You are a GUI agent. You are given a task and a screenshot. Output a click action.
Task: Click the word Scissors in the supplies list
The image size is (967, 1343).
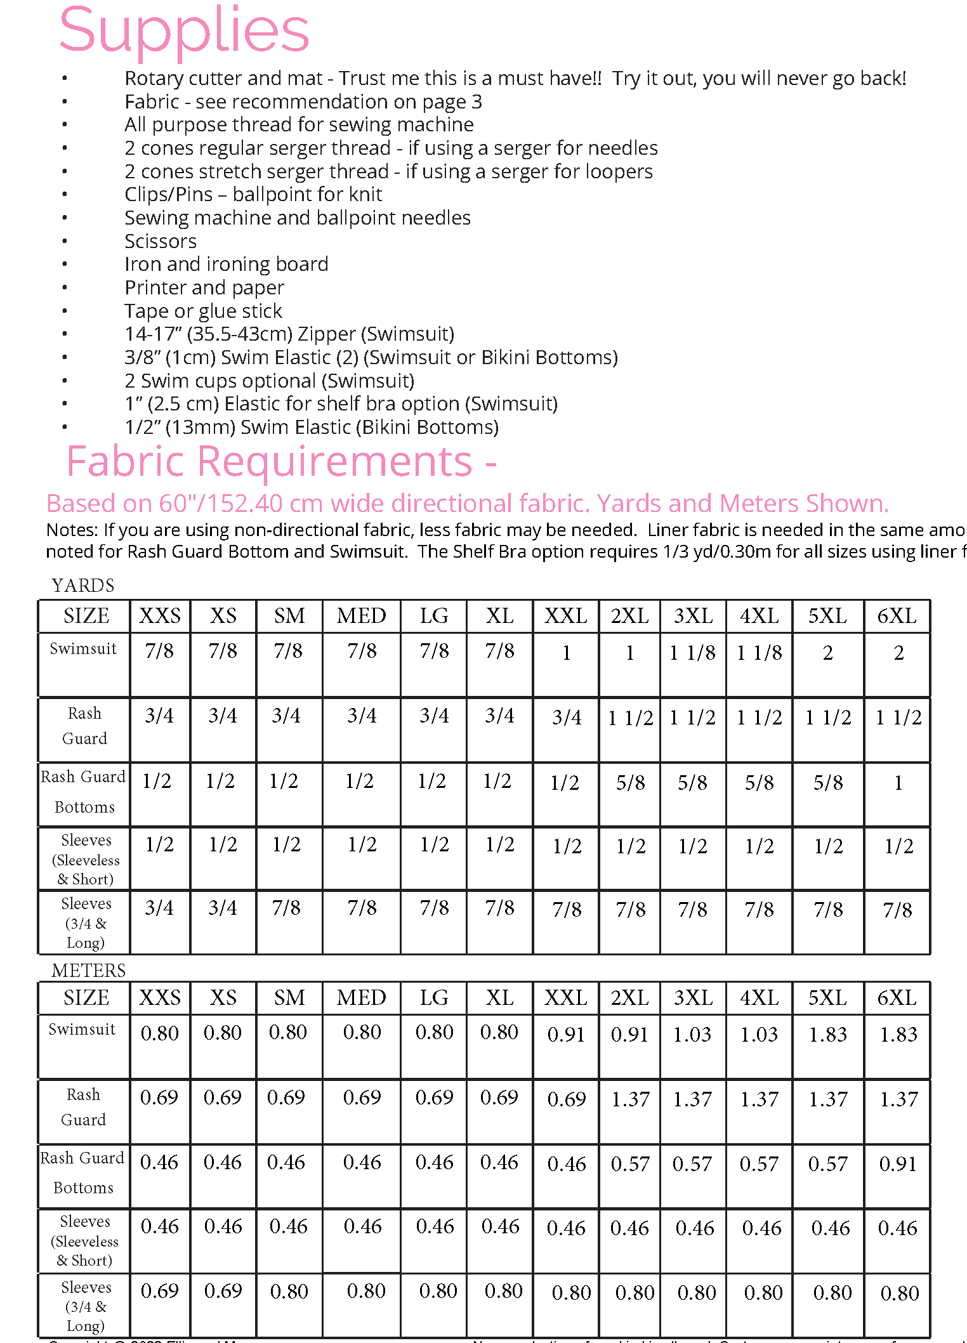(x=161, y=241)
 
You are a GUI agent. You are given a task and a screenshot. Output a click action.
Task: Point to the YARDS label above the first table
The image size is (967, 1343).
(x=83, y=585)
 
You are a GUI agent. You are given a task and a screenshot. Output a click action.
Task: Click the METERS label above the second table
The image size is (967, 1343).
(x=89, y=970)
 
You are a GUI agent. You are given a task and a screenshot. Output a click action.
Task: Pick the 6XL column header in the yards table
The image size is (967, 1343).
(x=897, y=616)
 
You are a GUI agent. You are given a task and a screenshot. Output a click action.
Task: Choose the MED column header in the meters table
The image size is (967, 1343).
(x=361, y=998)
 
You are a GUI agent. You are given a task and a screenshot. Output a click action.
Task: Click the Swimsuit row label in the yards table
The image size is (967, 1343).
(x=83, y=648)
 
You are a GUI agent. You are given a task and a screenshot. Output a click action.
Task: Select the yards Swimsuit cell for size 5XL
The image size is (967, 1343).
(x=827, y=653)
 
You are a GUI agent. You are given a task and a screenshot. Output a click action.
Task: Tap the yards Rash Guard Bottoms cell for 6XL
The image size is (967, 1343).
(x=898, y=783)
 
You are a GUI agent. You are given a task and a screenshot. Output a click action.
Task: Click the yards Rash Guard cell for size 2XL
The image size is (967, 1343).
(x=630, y=717)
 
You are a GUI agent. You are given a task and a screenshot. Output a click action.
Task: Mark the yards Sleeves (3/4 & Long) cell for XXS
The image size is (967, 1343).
(x=159, y=908)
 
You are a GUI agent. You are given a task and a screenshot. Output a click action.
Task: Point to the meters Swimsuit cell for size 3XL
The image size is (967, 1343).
(x=692, y=1035)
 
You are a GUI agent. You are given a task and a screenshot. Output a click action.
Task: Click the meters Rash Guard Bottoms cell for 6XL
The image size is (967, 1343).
(x=898, y=1164)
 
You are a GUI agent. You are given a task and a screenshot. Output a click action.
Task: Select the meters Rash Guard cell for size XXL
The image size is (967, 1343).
(x=566, y=1099)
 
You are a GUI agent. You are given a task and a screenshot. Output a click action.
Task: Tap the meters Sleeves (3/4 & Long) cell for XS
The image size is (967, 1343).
(x=223, y=1291)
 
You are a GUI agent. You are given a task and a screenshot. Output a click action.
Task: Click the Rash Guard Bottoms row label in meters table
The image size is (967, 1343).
(x=83, y=1172)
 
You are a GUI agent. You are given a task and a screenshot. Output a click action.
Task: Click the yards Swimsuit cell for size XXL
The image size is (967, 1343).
(x=566, y=653)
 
